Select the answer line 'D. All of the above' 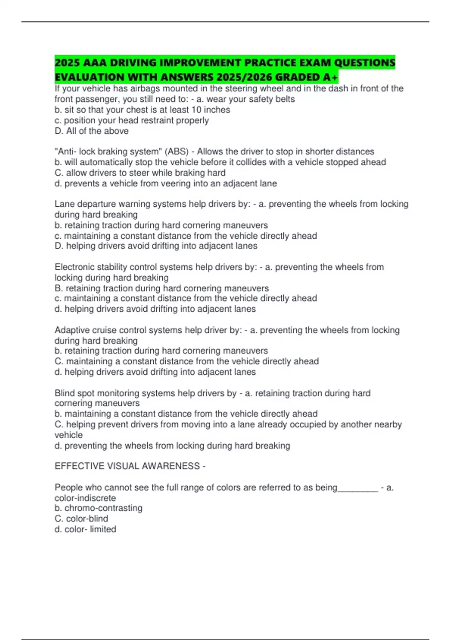tap(92, 131)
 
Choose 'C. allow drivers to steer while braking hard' tap(140, 173)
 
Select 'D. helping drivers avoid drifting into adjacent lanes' tap(156, 246)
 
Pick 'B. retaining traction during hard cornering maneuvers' tap(162, 288)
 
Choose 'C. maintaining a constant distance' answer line tap(187, 361)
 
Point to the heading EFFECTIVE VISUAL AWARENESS tap(127, 466)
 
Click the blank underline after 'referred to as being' tap(358, 488)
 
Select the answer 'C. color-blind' tap(81, 519)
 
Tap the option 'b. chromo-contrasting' tap(98, 508)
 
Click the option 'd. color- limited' tap(85, 529)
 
